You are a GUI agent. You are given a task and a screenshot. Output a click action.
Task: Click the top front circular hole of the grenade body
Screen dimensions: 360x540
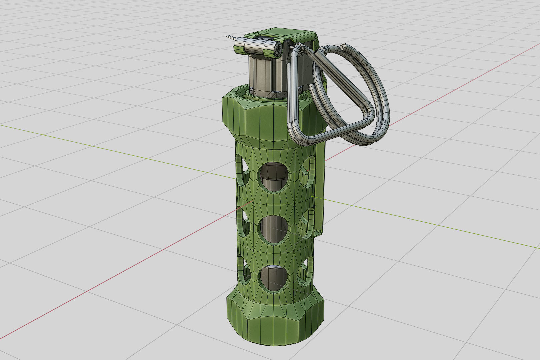273,177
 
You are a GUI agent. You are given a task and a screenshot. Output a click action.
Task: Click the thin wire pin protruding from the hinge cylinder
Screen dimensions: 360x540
231,38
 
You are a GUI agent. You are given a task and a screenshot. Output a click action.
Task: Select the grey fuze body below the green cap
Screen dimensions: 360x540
267,75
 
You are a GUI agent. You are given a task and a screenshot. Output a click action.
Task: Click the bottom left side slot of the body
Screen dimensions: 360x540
243,270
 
